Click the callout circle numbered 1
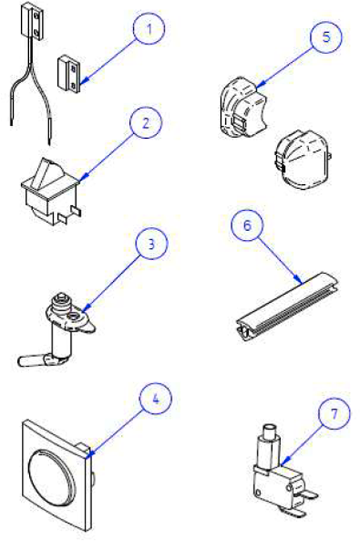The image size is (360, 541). pyautogui.click(x=149, y=28)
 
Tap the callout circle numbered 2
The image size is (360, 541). pyautogui.click(x=145, y=123)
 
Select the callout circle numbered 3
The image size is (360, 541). pyautogui.click(x=152, y=243)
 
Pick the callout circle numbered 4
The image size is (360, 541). pyautogui.click(x=156, y=399)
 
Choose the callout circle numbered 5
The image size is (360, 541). pyautogui.click(x=326, y=36)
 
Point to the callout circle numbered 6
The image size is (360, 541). pyautogui.click(x=247, y=224)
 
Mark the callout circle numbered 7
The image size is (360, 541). pyautogui.click(x=334, y=413)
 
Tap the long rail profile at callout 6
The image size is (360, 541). pyautogui.click(x=287, y=306)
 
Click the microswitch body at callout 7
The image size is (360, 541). pyautogui.click(x=280, y=486)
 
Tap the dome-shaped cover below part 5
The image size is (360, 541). pyautogui.click(x=303, y=159)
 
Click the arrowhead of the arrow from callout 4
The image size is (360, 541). pyautogui.click(x=88, y=455)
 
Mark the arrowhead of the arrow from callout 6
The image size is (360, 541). pyautogui.click(x=299, y=279)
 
